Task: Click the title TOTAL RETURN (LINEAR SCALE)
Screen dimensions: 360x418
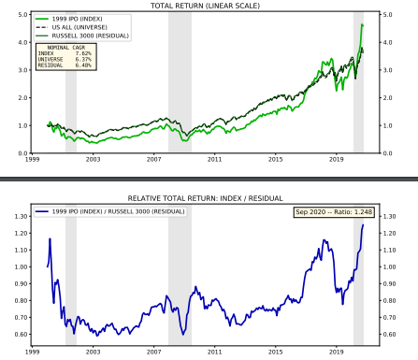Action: point(207,6)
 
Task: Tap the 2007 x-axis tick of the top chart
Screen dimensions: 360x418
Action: point(154,160)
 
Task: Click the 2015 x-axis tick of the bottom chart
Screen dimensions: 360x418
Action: point(276,353)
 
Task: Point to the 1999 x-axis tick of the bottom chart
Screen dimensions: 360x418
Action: point(33,353)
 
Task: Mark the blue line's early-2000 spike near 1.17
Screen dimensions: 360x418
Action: point(50,238)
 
